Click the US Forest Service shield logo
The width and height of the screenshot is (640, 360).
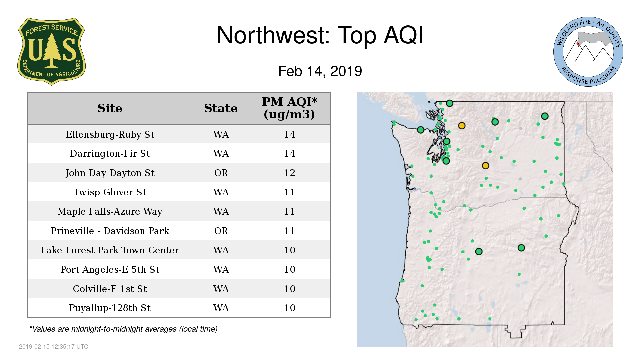click(x=51, y=52)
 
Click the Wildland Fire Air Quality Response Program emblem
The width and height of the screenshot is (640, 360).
click(x=588, y=52)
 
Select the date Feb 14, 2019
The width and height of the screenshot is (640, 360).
click(x=320, y=71)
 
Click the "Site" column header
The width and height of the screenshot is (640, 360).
click(x=110, y=108)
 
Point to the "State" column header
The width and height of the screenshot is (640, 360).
click(x=221, y=108)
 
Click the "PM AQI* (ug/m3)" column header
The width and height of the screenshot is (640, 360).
click(x=289, y=108)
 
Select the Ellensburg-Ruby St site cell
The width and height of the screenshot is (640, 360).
click(x=110, y=134)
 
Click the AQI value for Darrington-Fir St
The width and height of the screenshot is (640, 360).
click(x=290, y=154)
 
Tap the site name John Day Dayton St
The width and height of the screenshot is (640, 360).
click(x=110, y=173)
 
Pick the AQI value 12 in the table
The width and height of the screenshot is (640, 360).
click(x=290, y=173)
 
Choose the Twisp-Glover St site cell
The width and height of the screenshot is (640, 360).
click(x=110, y=192)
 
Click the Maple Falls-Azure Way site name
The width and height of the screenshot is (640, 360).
click(x=110, y=212)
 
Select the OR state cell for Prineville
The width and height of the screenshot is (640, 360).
click(x=221, y=231)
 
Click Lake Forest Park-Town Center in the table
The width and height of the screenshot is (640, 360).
click(x=110, y=250)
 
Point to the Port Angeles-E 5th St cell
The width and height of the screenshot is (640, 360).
click(x=110, y=269)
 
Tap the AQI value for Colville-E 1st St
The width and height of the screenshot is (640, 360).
click(x=290, y=289)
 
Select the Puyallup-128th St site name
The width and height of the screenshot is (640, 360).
click(x=110, y=308)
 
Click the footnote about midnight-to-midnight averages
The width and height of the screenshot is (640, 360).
click(x=123, y=329)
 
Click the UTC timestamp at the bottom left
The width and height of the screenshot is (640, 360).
click(x=54, y=347)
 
